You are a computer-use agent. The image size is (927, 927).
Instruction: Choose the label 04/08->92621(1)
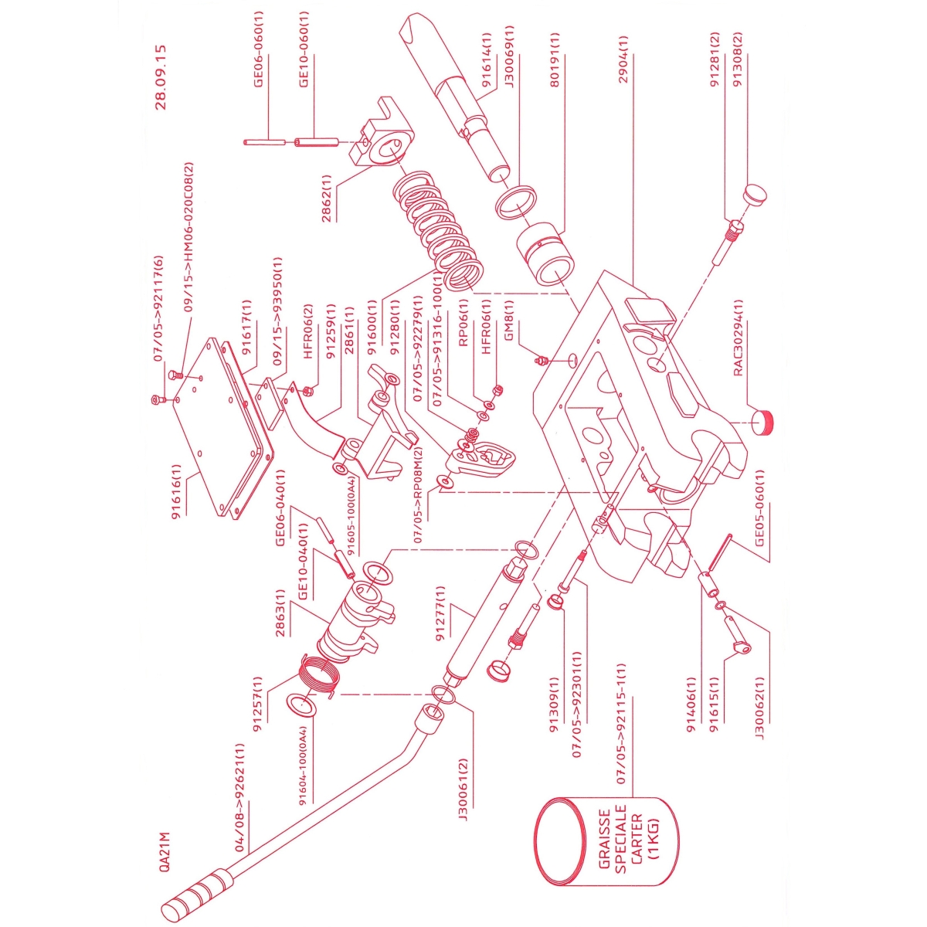pos(239,798)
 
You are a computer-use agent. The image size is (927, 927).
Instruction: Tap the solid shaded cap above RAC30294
pos(763,422)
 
